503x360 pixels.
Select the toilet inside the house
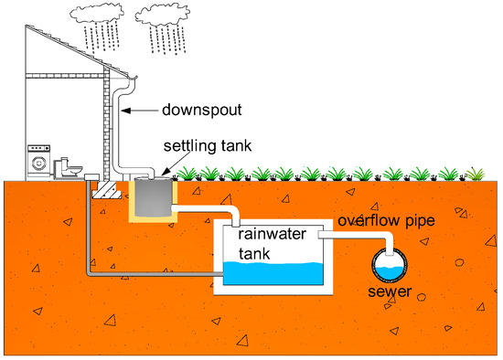[67, 168]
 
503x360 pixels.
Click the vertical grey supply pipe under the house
[89, 228]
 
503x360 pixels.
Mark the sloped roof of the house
[64, 46]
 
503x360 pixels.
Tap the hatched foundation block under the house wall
[107, 191]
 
